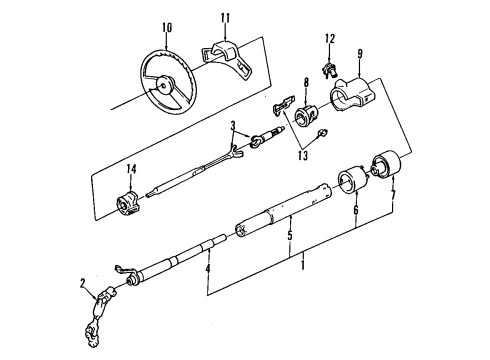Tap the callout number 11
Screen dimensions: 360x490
click(x=226, y=17)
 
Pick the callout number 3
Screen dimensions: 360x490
click(x=232, y=127)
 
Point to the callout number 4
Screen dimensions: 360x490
click(x=208, y=267)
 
